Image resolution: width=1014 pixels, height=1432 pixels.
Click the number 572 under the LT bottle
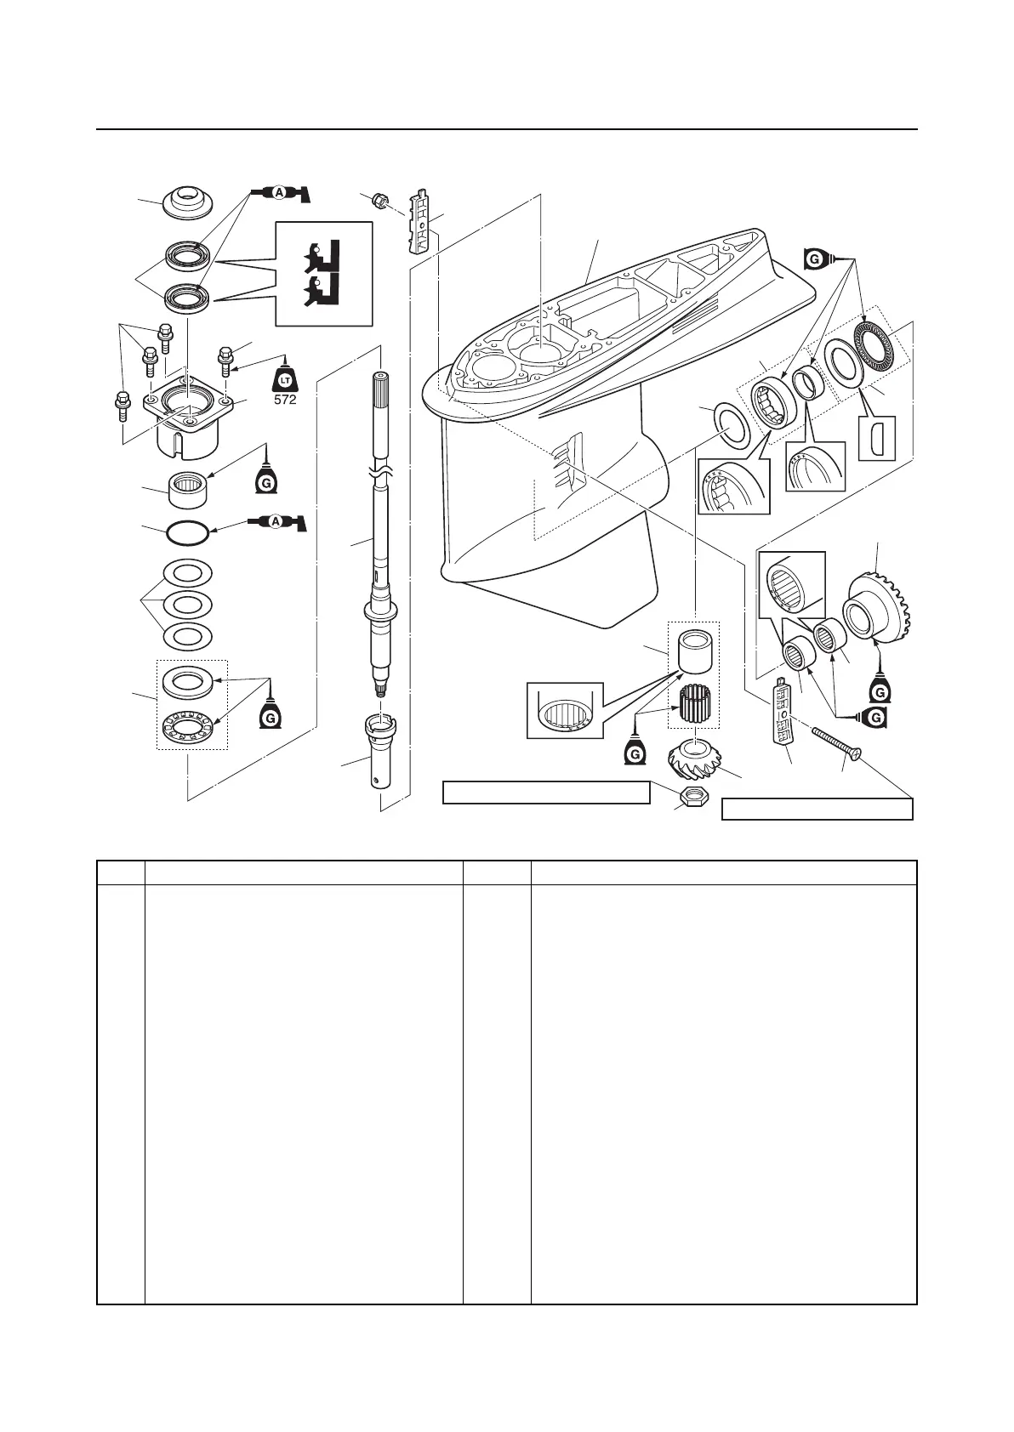pos(285,399)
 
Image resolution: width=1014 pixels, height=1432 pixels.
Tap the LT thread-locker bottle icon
pos(286,375)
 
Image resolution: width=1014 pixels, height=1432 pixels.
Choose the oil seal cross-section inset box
pos(324,273)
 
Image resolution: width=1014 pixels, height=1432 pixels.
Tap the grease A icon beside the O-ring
pos(277,525)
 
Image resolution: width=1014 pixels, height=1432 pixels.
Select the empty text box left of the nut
pos(546,793)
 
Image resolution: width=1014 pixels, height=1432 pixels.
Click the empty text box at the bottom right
pos(817,809)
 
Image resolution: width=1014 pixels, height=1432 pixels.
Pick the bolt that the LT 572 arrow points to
pos(225,361)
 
